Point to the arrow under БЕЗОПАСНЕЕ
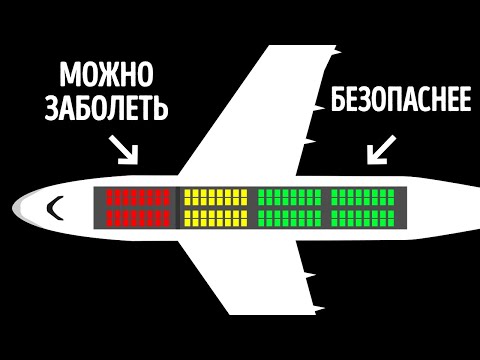380,150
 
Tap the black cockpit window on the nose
56,208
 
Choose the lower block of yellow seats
215,218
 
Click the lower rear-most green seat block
363,218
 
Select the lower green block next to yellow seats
289,218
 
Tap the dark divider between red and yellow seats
178,208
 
